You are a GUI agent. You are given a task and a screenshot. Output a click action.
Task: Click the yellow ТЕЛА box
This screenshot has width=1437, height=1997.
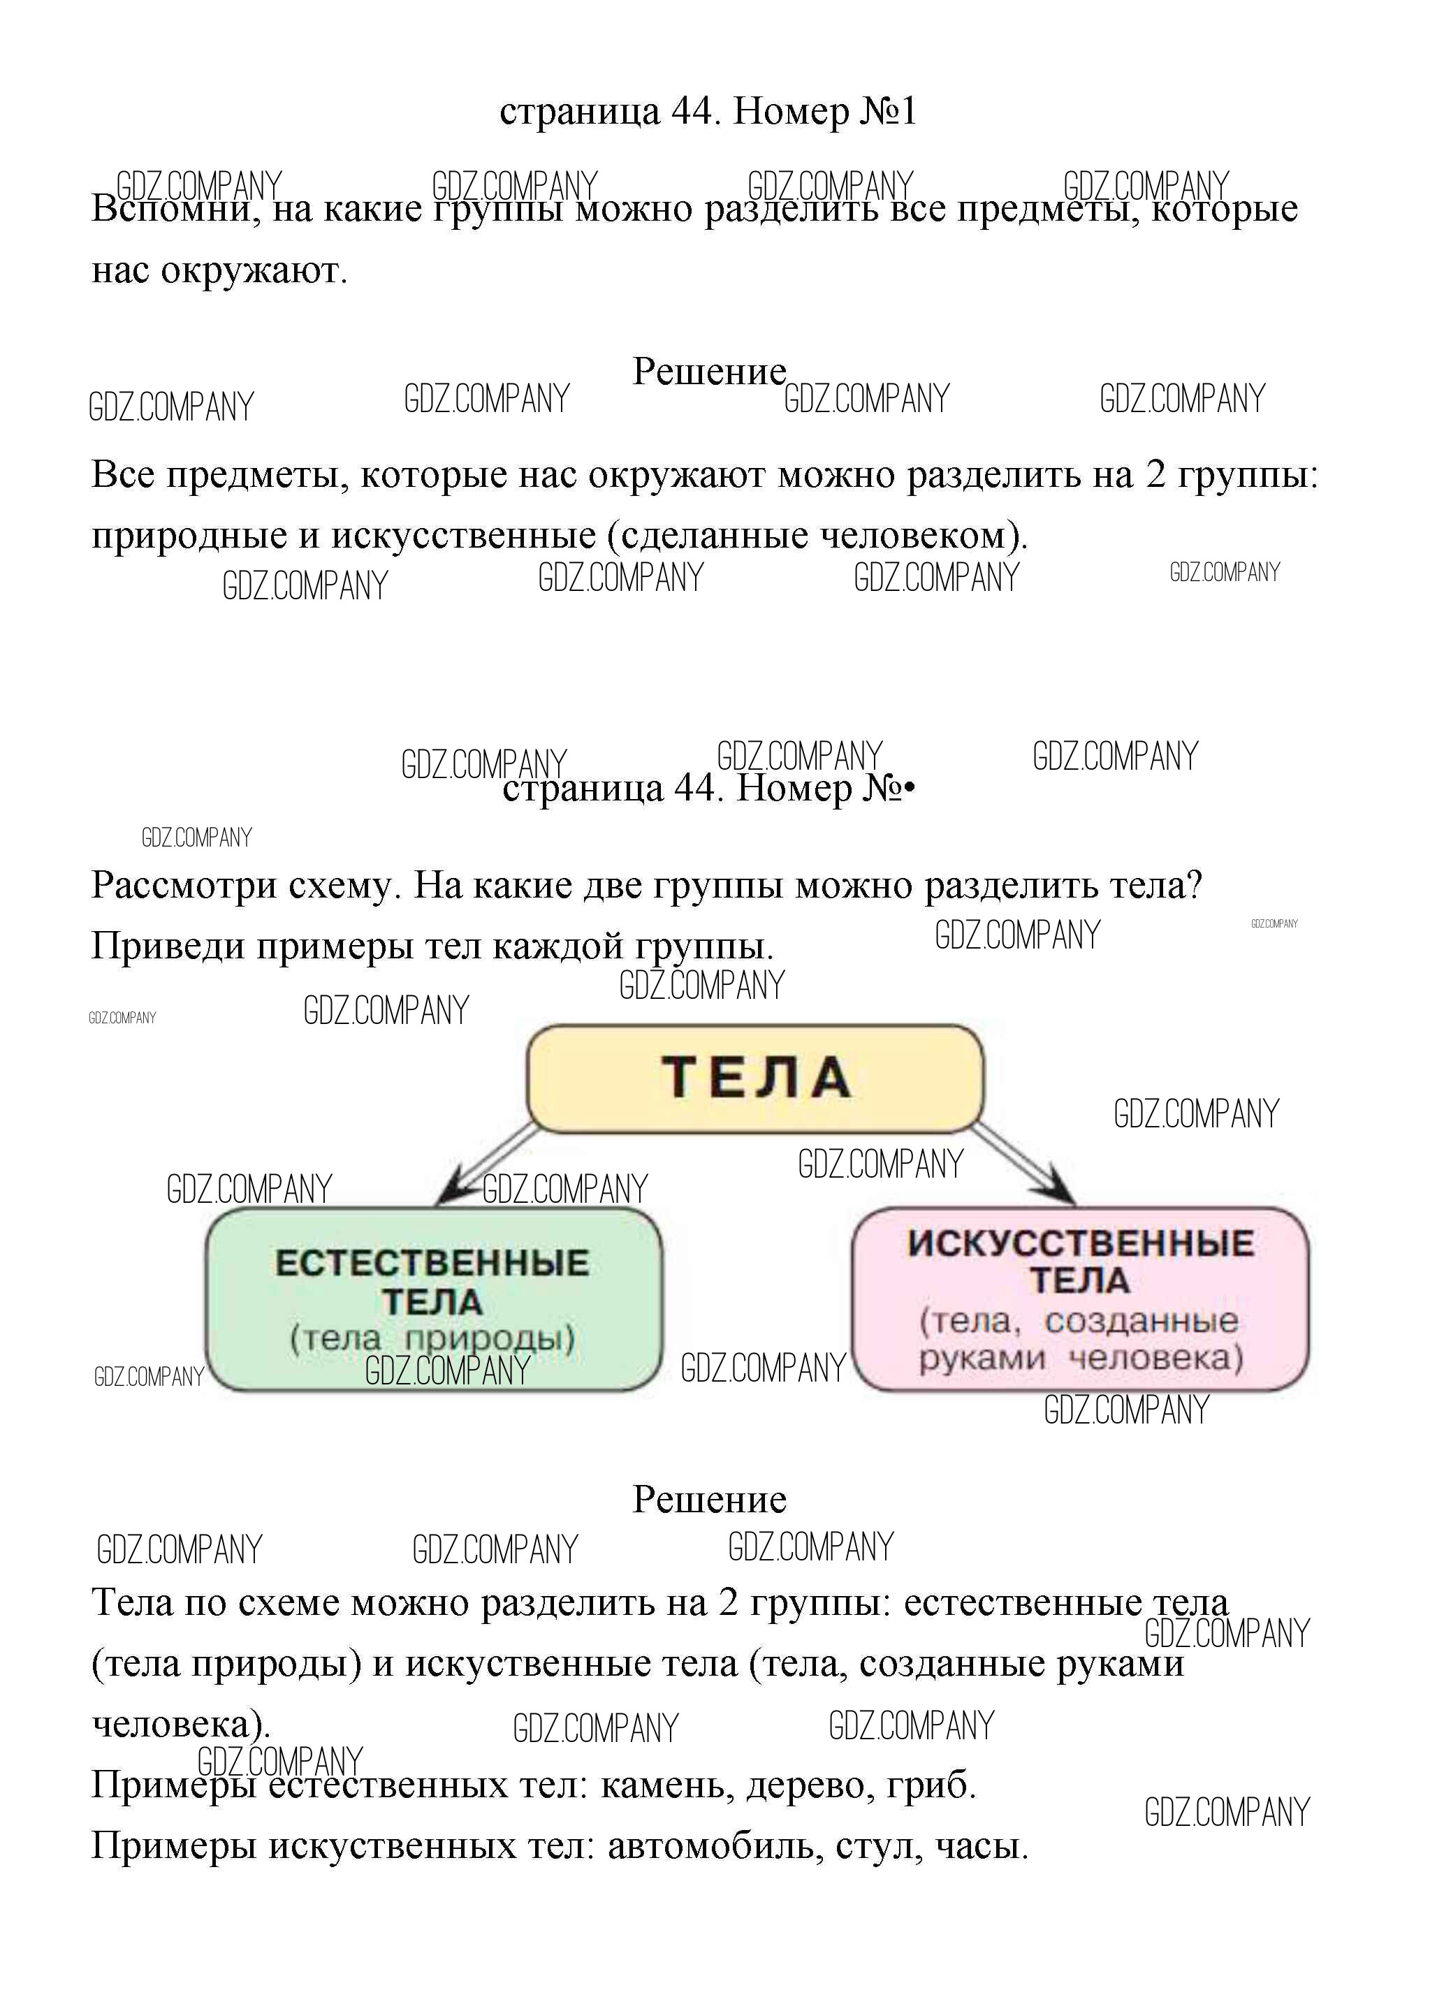[754, 1078]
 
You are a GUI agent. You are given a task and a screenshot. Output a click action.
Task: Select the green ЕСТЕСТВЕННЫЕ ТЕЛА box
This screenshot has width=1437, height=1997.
[432, 1299]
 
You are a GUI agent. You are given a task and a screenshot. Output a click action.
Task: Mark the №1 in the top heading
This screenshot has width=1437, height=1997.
[887, 112]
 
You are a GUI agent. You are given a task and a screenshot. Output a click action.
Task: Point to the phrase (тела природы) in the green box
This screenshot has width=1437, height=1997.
[432, 1338]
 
